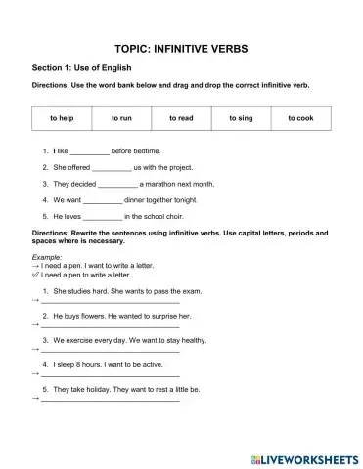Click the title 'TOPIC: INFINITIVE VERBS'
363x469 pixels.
181,47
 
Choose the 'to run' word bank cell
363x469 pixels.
121,118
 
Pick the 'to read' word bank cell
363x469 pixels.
181,118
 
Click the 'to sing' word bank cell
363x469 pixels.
241,118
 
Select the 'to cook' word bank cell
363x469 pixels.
301,118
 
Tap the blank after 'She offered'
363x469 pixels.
112,168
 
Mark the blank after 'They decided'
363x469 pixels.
118,184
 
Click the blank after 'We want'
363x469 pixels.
103,199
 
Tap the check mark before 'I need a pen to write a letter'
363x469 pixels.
35,275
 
